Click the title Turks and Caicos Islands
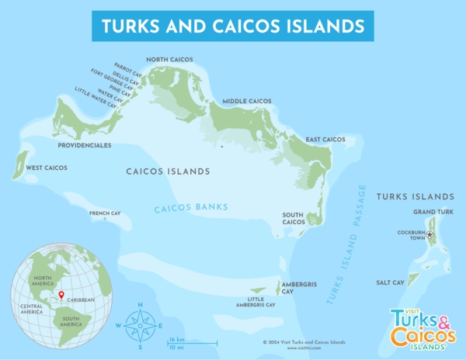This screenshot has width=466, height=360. [233, 26]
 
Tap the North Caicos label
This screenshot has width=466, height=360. [170, 59]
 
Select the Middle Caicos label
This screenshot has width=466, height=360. [248, 102]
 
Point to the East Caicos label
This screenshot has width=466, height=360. [325, 140]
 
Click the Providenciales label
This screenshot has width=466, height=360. [85, 145]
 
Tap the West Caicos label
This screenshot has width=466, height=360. [47, 168]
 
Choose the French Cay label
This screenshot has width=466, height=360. [104, 213]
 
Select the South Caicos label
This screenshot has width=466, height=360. [293, 219]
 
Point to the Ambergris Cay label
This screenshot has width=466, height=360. [298, 288]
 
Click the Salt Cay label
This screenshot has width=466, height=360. [389, 283]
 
